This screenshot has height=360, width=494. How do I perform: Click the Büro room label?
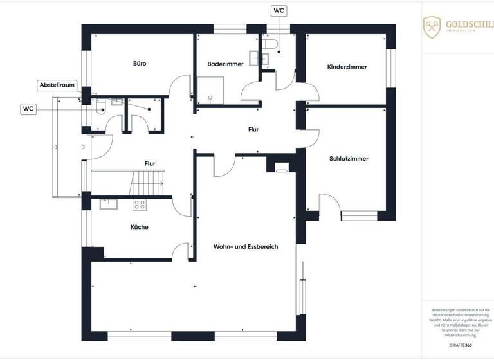click(140, 64)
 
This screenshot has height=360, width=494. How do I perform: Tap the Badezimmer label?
click(225, 64)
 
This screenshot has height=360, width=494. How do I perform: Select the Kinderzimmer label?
click(347, 67)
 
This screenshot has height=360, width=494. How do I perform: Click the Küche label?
click(140, 227)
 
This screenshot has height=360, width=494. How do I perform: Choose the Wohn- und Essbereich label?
click(246, 246)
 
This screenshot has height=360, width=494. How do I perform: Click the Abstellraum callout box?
click(58, 85)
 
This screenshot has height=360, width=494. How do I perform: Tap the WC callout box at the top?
click(279, 11)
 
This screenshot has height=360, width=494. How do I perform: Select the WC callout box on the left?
click(29, 109)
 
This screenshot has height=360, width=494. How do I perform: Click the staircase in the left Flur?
click(148, 184)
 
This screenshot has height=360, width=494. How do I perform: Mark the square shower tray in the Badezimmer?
click(209, 89)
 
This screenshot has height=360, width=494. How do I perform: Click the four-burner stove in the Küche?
click(139, 205)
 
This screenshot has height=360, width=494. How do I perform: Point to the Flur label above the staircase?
click(150, 164)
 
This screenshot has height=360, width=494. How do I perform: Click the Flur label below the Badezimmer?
click(253, 129)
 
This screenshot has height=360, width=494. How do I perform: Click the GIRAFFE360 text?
click(460, 345)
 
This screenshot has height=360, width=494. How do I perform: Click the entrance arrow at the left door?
click(82, 147)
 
